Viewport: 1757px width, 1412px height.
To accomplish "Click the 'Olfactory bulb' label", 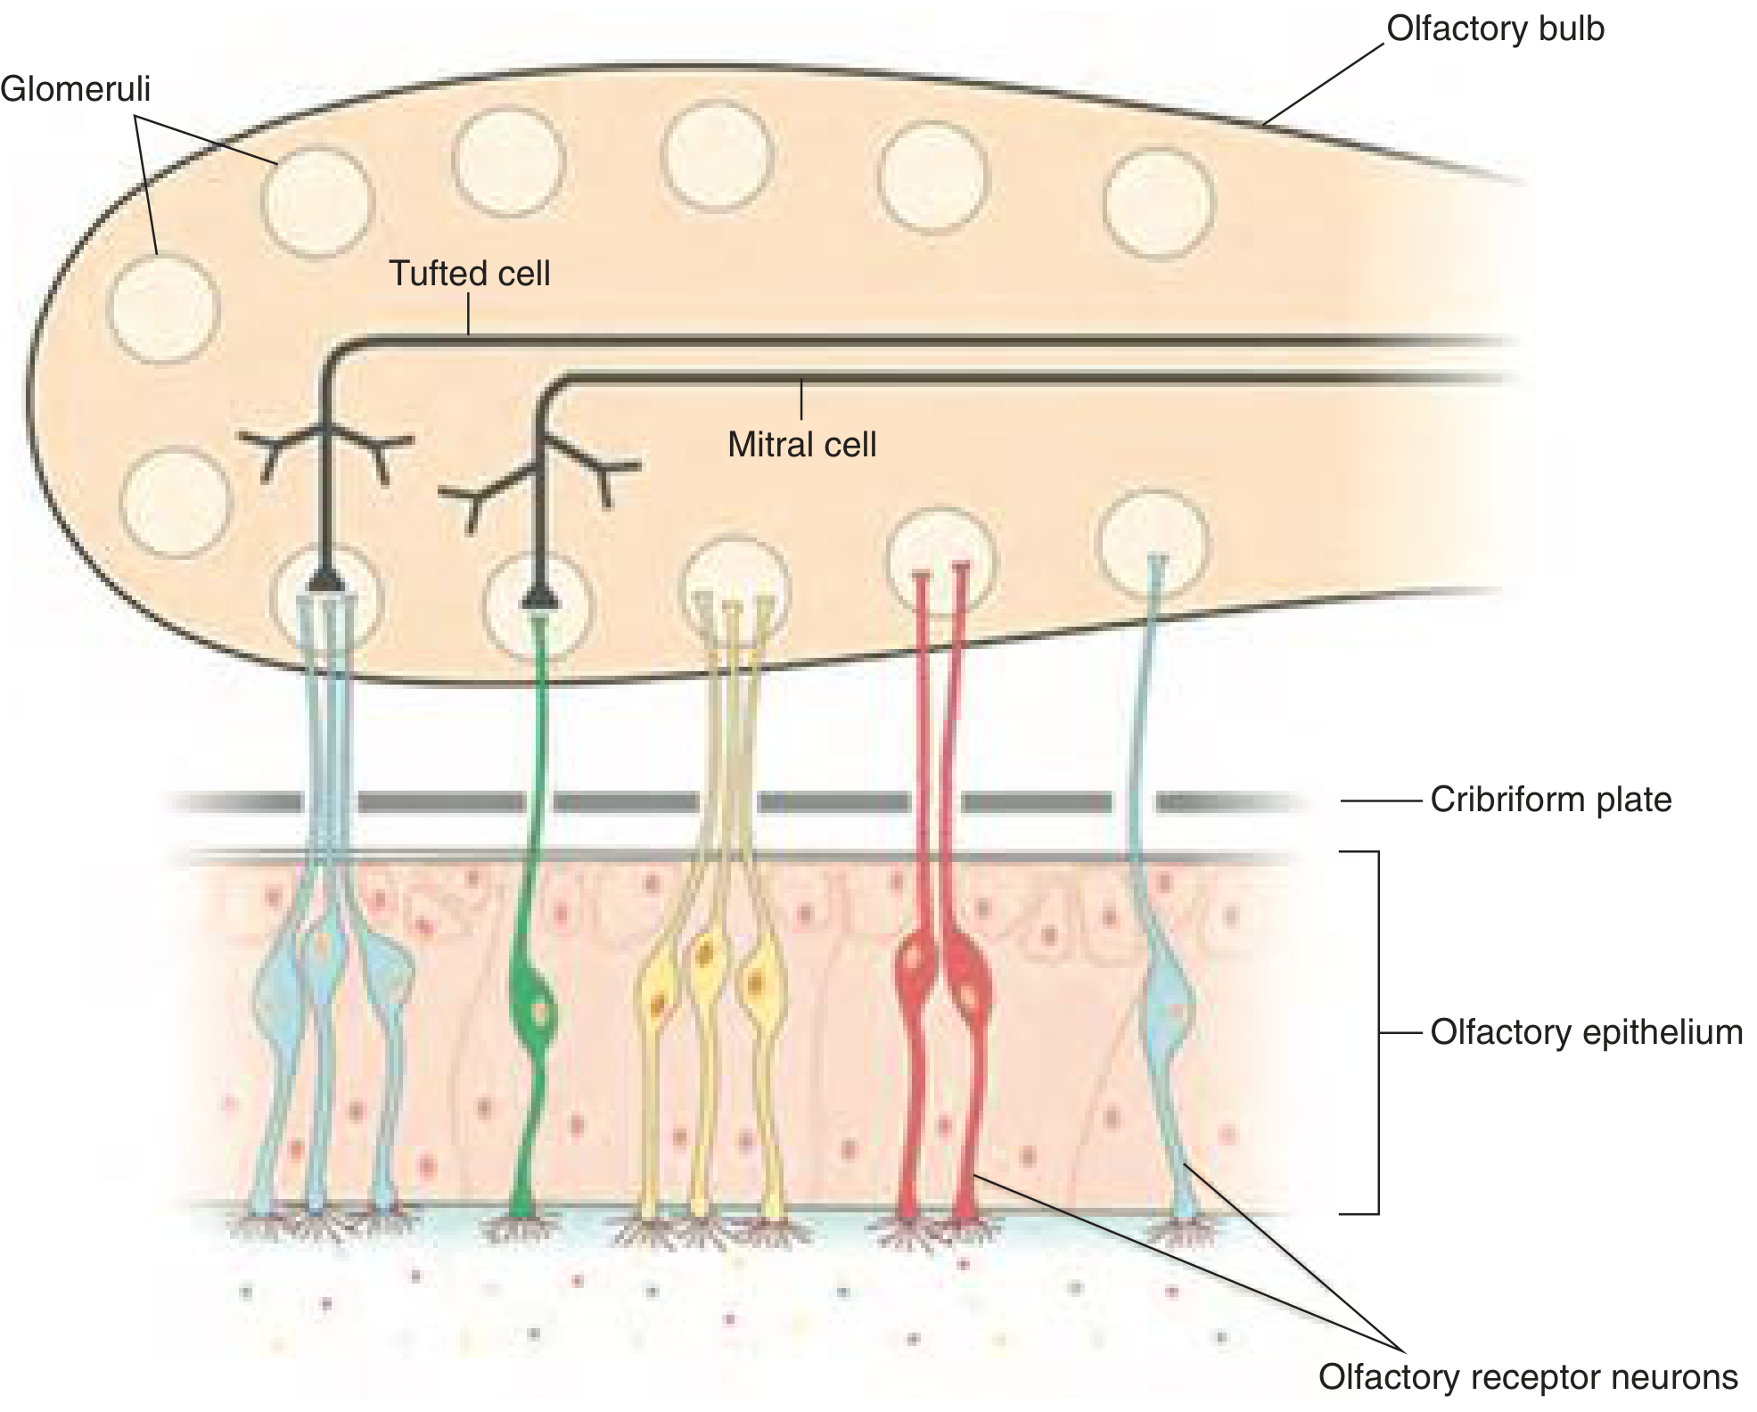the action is point(1495,29).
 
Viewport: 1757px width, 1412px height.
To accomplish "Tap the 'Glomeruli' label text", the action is point(76,89).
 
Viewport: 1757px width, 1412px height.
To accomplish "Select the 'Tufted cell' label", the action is point(470,273).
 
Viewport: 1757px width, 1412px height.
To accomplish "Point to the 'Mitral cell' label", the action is point(801,444).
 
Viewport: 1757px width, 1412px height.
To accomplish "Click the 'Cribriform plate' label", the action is point(1551,800).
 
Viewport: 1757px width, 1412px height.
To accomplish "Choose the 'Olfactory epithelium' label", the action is point(1587,1032).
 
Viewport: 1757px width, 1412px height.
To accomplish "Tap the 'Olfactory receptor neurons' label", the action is point(1528,1377).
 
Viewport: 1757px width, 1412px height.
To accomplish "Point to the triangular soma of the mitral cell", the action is point(539,595).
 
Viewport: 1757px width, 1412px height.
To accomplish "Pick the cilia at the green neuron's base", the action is point(520,1228).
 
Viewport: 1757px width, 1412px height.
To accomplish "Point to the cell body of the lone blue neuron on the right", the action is point(1167,1006).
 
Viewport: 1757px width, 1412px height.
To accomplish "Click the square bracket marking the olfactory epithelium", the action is point(1377,1032).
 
